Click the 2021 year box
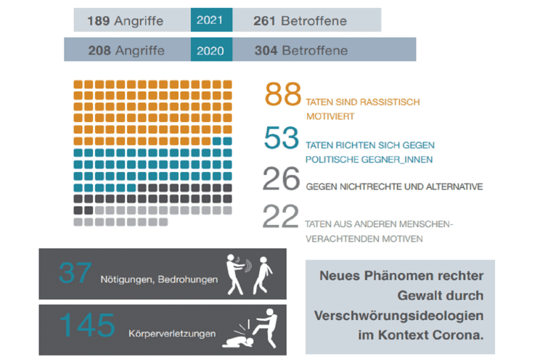tap(211, 20)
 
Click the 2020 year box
tap(211, 50)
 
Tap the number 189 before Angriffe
tap(98, 21)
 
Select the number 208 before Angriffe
tap(99, 51)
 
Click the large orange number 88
tap(284, 95)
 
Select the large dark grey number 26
tap(282, 179)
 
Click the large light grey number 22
tap(280, 217)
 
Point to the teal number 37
tap(76, 274)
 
